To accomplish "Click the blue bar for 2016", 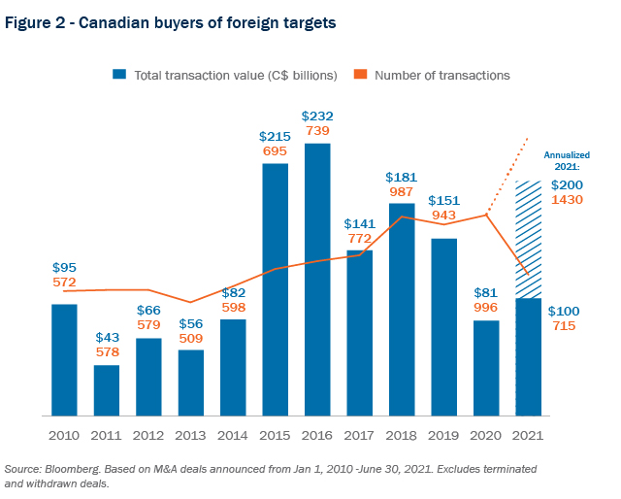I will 317,280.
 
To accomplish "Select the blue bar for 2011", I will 107,390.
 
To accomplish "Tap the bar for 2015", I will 276,289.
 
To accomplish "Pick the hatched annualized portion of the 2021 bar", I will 528,239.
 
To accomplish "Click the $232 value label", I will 317,116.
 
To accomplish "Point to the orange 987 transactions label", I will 401,192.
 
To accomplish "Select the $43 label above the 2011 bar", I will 108,337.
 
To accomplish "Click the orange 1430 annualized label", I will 568,199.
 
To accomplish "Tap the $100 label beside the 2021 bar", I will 565,311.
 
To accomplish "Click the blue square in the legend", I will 119,75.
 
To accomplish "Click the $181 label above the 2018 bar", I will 401,177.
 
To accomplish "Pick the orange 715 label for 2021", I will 565,326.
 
